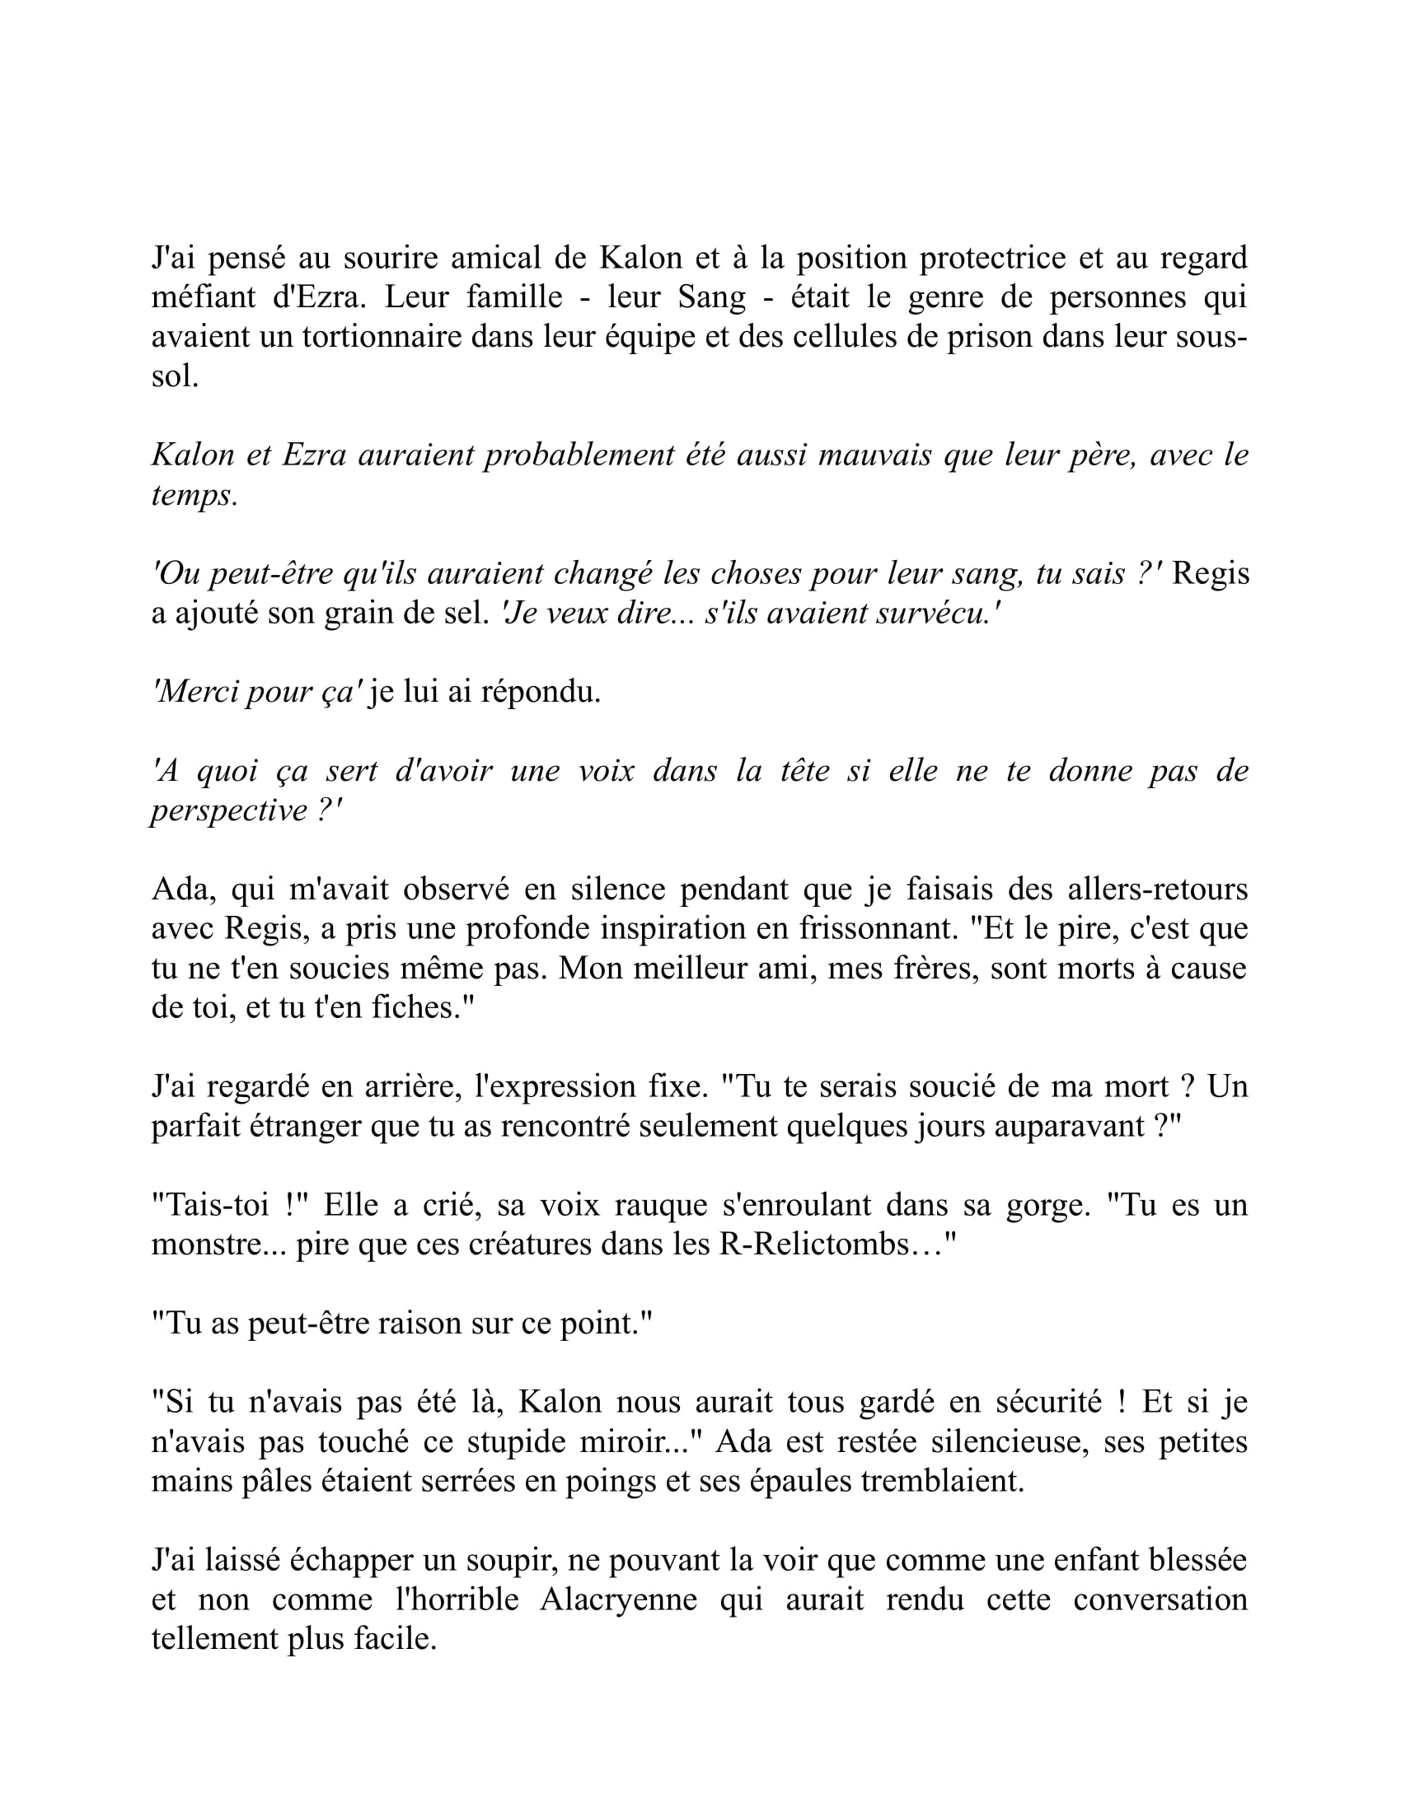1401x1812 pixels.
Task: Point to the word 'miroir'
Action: pos(626,1441)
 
